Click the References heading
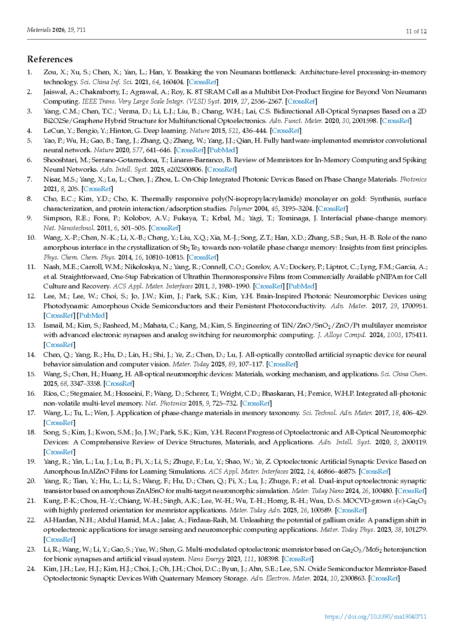click(50, 59)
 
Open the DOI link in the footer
click(375, 616)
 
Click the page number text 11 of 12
click(416, 31)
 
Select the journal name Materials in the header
click(39, 30)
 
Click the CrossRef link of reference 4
click(286, 130)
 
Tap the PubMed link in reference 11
click(301, 286)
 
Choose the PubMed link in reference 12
click(92, 315)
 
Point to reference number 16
click(31, 393)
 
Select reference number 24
click(31, 568)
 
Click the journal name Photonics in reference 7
click(413, 179)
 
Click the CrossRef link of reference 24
click(384, 578)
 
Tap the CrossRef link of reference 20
click(411, 490)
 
